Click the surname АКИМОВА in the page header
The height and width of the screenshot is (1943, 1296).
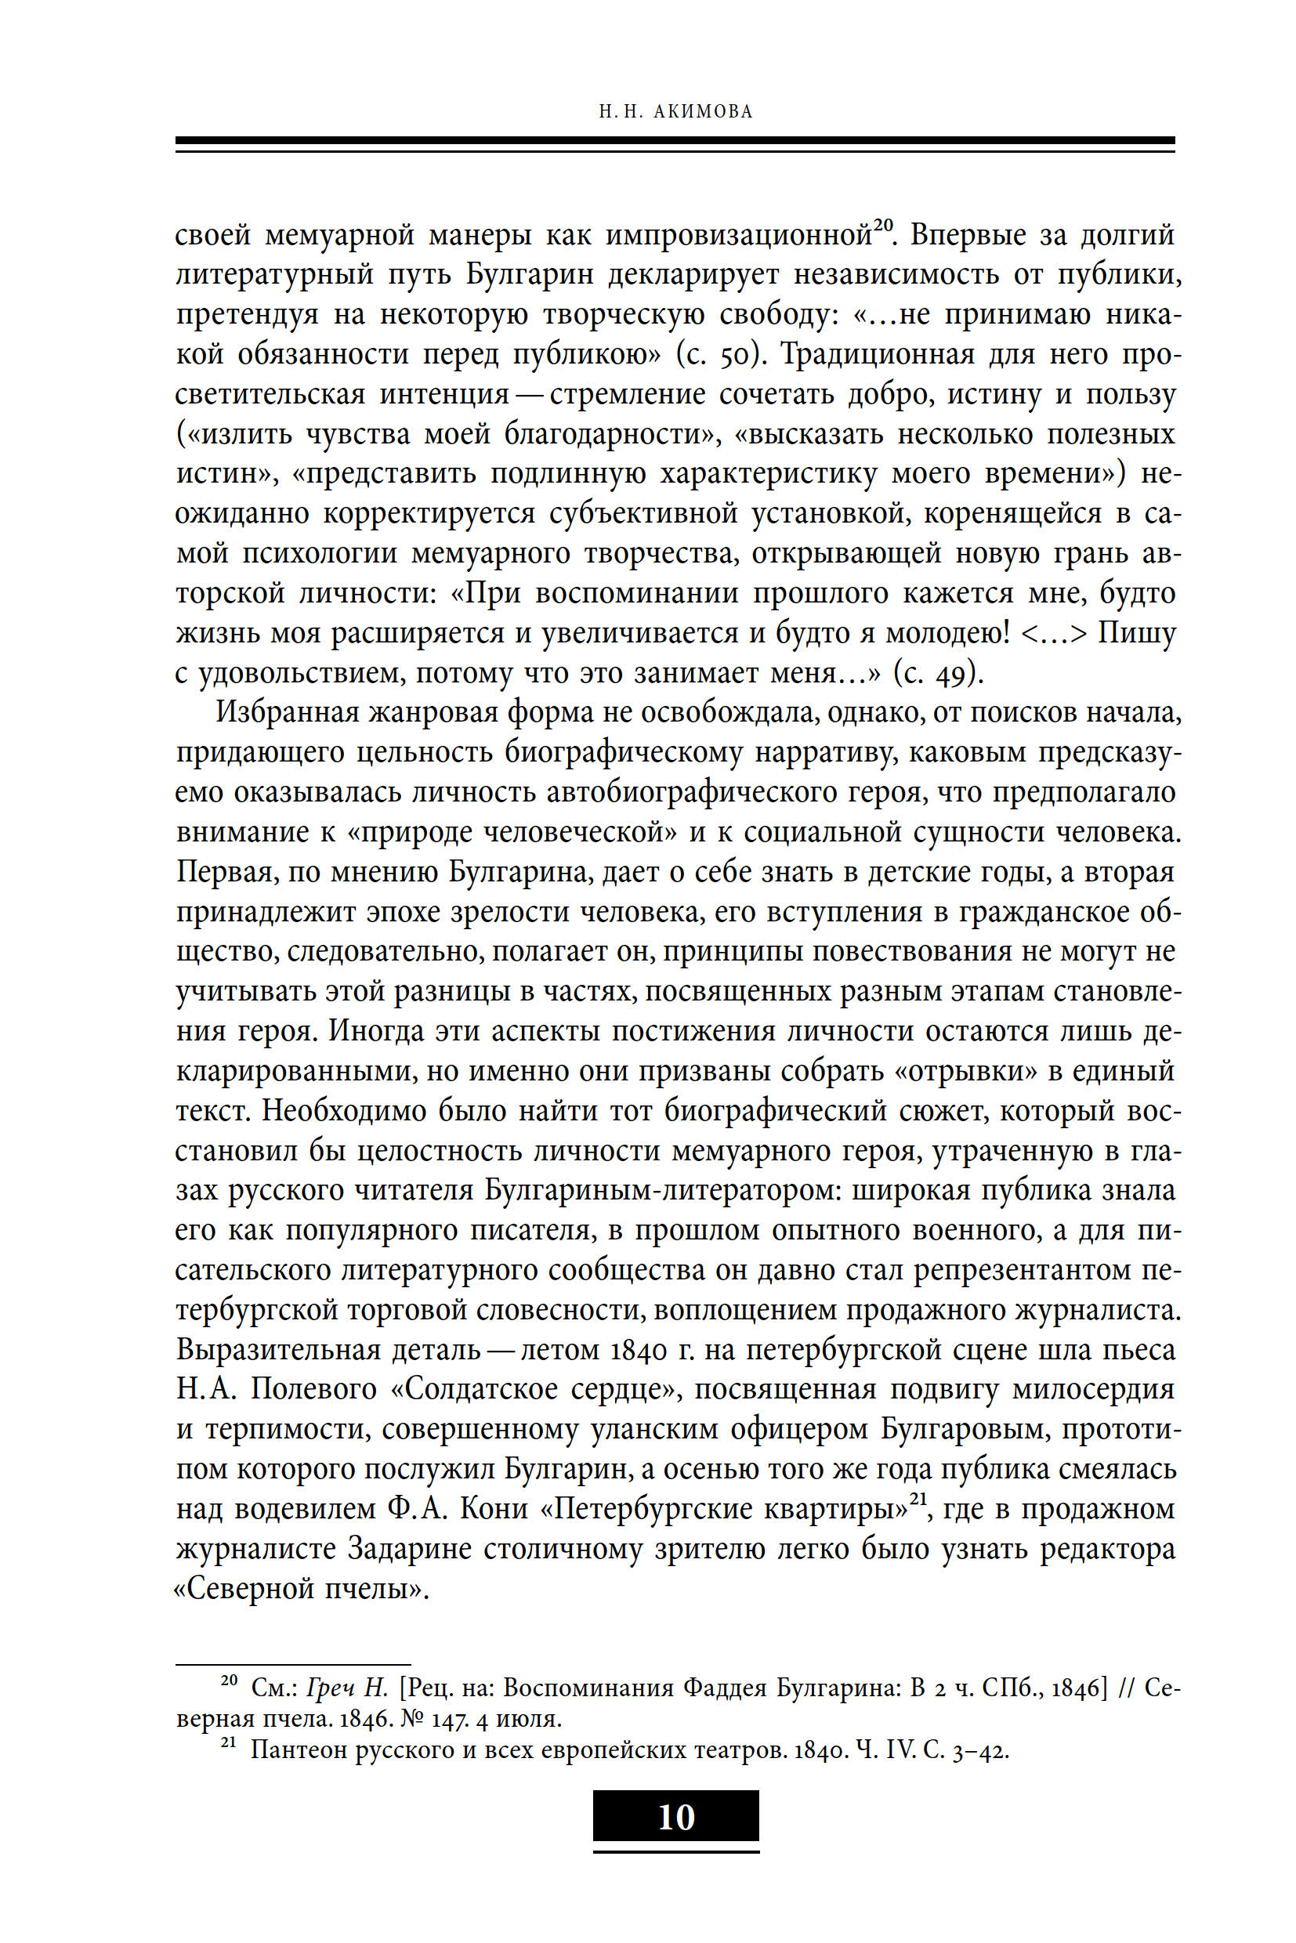coord(703,111)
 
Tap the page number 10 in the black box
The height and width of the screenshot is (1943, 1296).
coord(676,1817)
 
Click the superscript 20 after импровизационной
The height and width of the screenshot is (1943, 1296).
coord(884,225)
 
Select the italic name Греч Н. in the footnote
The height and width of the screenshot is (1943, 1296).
coord(346,1687)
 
